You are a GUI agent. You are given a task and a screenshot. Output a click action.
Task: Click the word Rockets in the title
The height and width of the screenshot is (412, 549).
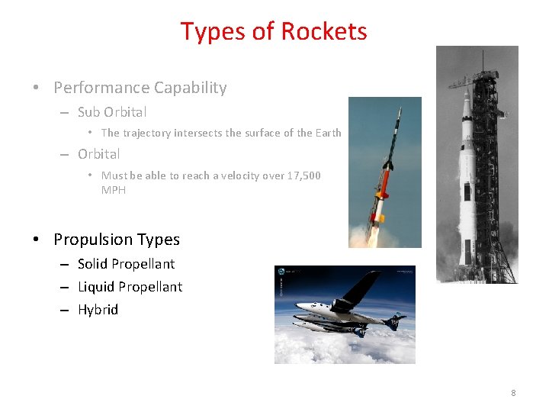pyautogui.click(x=324, y=31)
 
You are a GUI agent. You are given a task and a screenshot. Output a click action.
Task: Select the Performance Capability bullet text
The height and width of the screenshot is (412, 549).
pyautogui.click(x=140, y=88)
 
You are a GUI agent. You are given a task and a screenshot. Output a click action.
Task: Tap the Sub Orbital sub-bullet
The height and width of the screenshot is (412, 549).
pyautogui.click(x=112, y=112)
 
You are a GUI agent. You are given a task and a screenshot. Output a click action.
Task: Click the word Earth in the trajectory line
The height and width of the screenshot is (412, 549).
pyautogui.click(x=328, y=133)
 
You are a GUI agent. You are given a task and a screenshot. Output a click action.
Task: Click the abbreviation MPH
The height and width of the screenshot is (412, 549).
pyautogui.click(x=114, y=190)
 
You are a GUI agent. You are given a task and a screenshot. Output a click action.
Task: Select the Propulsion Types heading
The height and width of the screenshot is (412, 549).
pyautogui.click(x=117, y=240)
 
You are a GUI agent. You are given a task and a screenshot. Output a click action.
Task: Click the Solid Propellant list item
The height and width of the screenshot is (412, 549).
pyautogui.click(x=126, y=264)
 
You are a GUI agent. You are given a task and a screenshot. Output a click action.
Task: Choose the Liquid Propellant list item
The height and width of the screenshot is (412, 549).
pyautogui.click(x=130, y=287)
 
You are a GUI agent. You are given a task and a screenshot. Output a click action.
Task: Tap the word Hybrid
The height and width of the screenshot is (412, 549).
pyautogui.click(x=98, y=310)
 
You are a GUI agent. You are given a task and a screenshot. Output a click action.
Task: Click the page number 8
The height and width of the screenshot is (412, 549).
pyautogui.click(x=513, y=393)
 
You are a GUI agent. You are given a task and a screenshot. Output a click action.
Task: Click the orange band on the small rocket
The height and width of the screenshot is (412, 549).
pyautogui.click(x=380, y=205)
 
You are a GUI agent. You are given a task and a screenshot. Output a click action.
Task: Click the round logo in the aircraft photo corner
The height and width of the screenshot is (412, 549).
pyautogui.click(x=282, y=272)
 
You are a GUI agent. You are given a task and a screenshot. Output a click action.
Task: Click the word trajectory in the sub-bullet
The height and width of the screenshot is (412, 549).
pyautogui.click(x=147, y=133)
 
